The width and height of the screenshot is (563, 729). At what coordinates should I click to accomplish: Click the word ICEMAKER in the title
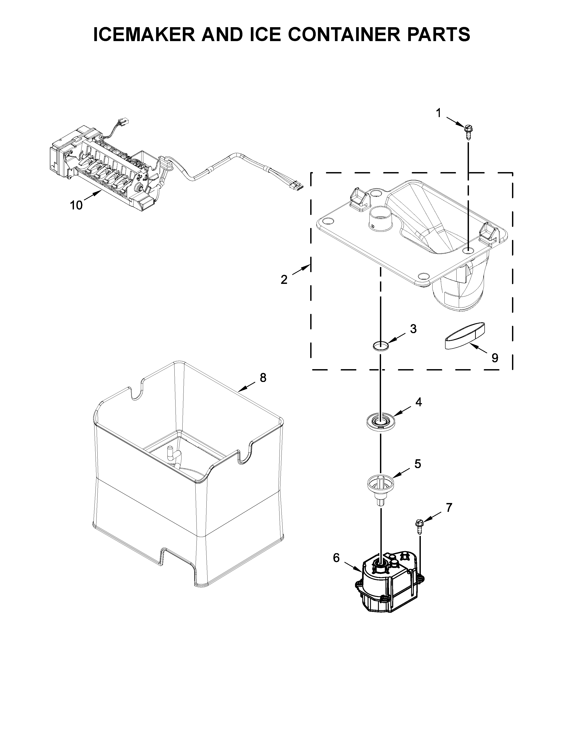tap(144, 35)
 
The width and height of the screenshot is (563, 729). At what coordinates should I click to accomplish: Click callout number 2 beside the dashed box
tap(284, 279)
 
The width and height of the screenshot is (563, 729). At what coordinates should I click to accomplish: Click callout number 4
tap(418, 402)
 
